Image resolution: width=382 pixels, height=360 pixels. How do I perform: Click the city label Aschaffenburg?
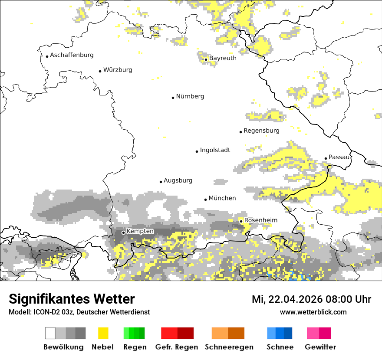(72, 55)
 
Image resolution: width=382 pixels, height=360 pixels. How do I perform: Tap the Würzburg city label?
(118, 70)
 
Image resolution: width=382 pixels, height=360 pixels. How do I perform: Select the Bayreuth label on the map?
(223, 58)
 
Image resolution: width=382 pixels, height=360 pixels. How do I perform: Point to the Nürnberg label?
(190, 96)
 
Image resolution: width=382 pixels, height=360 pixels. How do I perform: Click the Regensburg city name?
(261, 131)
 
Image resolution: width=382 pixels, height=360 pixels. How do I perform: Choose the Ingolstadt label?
(215, 150)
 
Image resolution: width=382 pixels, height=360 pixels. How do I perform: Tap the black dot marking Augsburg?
(161, 182)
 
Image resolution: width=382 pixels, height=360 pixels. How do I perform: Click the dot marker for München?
(206, 200)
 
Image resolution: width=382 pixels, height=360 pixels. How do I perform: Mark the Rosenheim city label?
(260, 220)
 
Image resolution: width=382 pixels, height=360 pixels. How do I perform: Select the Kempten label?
(140, 231)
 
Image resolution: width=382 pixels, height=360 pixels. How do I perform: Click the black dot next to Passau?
(326, 158)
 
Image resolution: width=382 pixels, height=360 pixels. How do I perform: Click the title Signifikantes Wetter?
(72, 299)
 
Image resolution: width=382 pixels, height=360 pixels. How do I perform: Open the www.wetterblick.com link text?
(313, 312)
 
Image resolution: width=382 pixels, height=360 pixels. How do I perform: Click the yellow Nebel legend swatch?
(103, 333)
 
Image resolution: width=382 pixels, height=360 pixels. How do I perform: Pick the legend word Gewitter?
(320, 347)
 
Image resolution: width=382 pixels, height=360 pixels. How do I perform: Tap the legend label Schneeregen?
(229, 347)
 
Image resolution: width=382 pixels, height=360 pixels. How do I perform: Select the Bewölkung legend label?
(63, 347)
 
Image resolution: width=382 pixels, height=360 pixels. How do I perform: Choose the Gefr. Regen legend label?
(177, 347)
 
